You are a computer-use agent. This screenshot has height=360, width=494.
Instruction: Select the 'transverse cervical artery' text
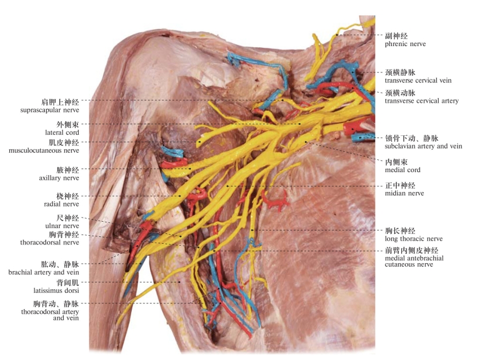click(x=421, y=101)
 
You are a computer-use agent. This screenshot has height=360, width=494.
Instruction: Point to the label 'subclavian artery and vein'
click(x=423, y=146)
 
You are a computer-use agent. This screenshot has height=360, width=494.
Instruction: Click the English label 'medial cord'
click(x=402, y=170)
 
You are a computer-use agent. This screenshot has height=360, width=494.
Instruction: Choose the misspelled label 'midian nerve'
click(x=404, y=193)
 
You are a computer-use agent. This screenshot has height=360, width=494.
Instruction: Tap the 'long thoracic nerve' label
click(x=414, y=239)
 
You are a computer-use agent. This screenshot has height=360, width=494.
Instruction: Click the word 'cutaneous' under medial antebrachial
click(x=401, y=264)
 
